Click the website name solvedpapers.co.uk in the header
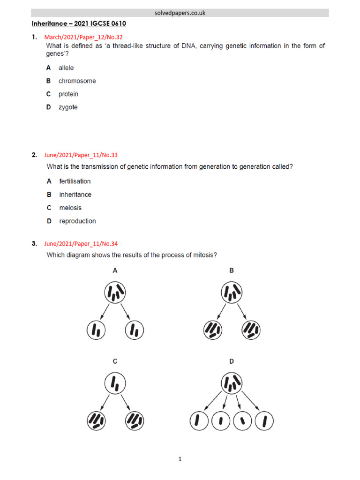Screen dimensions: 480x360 pyautogui.click(x=180, y=13)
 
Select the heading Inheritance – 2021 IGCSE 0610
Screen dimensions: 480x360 pyautogui.click(x=79, y=23)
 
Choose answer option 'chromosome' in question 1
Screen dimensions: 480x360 pyautogui.click(x=77, y=81)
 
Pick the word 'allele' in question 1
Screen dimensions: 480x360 pyautogui.click(x=66, y=68)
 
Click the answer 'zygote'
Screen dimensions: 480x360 pyautogui.click(x=68, y=107)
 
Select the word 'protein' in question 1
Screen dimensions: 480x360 pyautogui.click(x=68, y=94)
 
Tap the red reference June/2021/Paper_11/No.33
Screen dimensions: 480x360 pyautogui.click(x=84, y=155)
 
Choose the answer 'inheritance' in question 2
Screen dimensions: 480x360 pyautogui.click(x=75, y=195)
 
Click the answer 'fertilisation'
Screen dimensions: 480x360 pyautogui.click(x=75, y=181)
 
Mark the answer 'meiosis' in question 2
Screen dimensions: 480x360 pyautogui.click(x=71, y=208)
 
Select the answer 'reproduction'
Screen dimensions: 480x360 pyautogui.click(x=77, y=221)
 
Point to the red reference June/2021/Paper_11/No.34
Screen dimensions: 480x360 pyautogui.click(x=84, y=243)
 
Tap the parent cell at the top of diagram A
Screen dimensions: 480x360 pyautogui.click(x=115, y=293)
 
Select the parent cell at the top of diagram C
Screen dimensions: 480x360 pyautogui.click(x=115, y=384)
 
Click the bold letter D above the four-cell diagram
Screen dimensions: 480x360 pyautogui.click(x=232, y=361)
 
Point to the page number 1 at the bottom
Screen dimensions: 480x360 pyautogui.click(x=180, y=459)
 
